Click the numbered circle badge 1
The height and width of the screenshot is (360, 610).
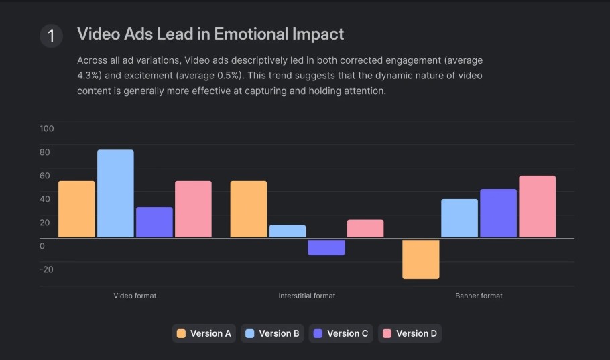point(51,36)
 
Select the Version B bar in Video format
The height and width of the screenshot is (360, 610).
point(115,193)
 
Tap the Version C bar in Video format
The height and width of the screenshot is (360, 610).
point(154,222)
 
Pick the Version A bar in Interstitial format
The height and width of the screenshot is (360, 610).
point(249,209)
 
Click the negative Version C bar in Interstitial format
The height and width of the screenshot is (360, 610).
point(326,247)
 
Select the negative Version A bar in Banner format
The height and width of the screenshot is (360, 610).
point(421,259)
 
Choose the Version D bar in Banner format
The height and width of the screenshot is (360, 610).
point(537,206)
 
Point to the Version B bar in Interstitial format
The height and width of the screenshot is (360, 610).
point(288,231)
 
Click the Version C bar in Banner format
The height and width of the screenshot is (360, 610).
point(498,213)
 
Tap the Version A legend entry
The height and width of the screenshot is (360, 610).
point(204,333)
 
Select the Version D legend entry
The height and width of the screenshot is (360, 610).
point(410,333)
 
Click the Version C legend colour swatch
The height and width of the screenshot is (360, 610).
point(318,333)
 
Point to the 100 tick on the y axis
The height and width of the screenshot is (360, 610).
point(47,129)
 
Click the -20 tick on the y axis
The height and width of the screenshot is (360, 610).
point(47,269)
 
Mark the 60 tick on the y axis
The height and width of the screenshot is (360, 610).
point(45,176)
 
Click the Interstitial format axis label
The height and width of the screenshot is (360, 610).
point(307,296)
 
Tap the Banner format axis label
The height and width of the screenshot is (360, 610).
point(479,296)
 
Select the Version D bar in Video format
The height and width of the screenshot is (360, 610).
point(193,209)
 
